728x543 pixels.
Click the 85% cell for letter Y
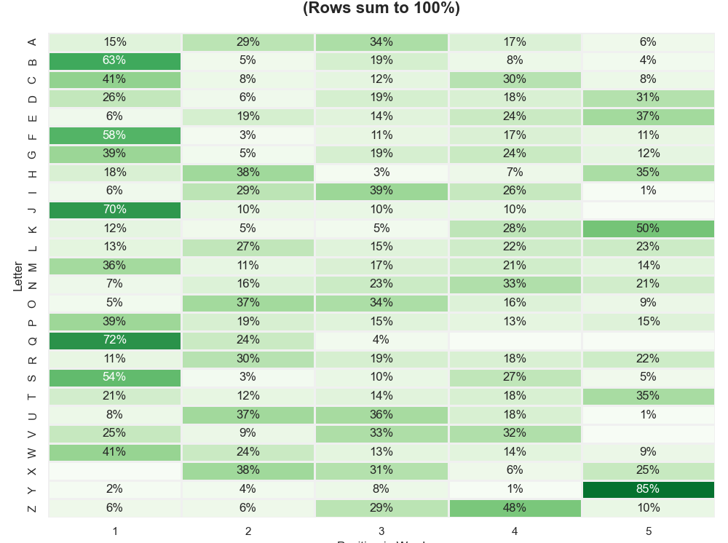(648, 489)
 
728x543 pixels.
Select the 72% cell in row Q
(114, 340)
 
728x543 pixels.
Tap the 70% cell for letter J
(114, 210)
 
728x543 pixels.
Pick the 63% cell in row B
(114, 60)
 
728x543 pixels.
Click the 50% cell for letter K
(648, 229)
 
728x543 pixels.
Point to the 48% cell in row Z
(515, 508)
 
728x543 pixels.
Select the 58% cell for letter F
(114, 135)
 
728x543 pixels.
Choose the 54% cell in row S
(114, 377)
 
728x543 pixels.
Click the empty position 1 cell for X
(114, 470)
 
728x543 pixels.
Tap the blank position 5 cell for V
(648, 433)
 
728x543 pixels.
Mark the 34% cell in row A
(381, 42)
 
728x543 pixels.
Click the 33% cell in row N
(515, 284)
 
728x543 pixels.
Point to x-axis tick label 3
(381, 531)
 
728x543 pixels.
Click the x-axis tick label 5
(648, 531)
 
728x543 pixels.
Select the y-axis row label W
(32, 452)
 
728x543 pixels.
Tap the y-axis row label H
(32, 173)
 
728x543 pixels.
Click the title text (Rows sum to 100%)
(381, 8)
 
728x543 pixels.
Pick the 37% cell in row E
(648, 116)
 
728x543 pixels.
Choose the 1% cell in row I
(648, 191)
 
